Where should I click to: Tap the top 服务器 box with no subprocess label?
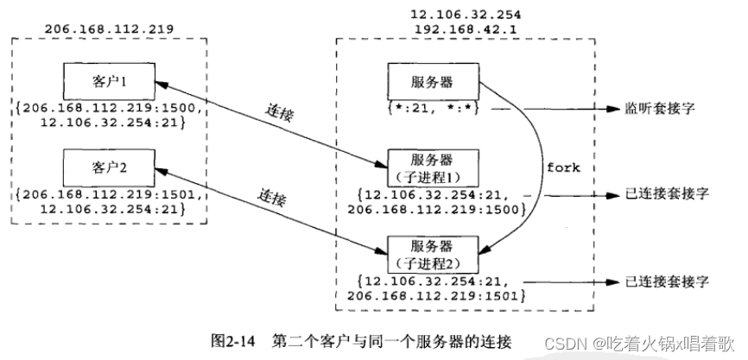coord(431,83)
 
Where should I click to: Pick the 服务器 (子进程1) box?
coord(431,167)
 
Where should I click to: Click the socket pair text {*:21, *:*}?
coord(431,110)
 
